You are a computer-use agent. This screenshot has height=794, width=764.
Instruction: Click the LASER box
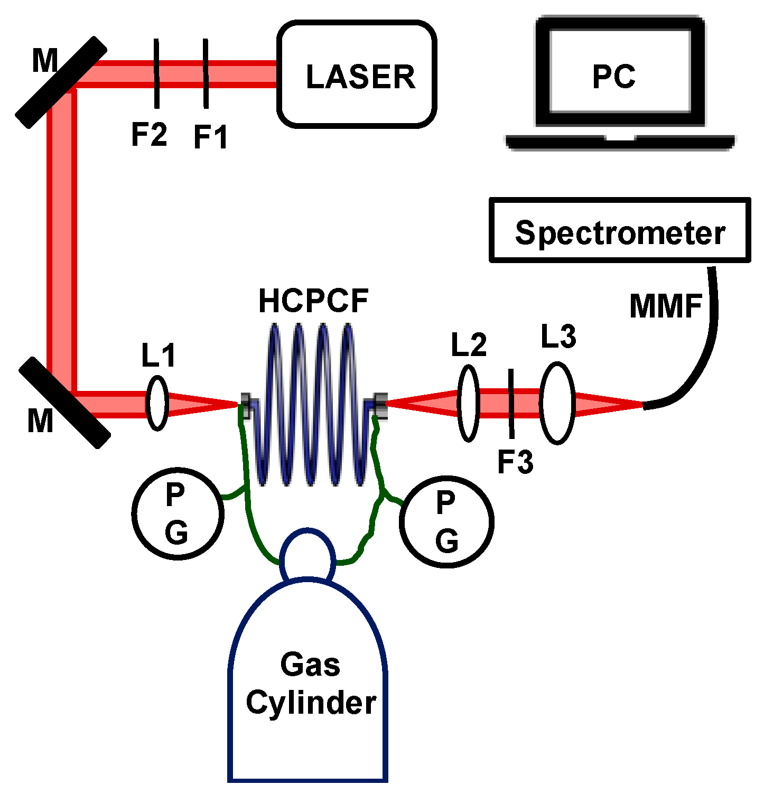pyautogui.click(x=357, y=74)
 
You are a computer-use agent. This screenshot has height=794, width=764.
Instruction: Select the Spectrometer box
pyautogui.click(x=620, y=230)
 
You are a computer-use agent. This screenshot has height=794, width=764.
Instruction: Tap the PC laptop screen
pyautogui.click(x=620, y=71)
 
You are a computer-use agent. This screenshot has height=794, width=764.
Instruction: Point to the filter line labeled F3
pyautogui.click(x=511, y=404)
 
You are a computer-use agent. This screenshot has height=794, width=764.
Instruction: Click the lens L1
pyautogui.click(x=157, y=403)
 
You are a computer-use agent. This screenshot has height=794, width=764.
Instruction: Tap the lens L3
pyautogui.click(x=557, y=403)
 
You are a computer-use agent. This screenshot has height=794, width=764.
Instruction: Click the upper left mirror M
pyautogui.click(x=61, y=82)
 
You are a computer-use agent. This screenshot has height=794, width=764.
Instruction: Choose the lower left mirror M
pyautogui.click(x=64, y=403)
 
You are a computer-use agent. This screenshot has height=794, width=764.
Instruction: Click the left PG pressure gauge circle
pyautogui.click(x=178, y=513)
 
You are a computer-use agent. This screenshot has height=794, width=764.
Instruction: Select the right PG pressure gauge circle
pyautogui.click(x=447, y=521)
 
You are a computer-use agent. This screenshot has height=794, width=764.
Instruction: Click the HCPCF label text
pyautogui.click(x=313, y=302)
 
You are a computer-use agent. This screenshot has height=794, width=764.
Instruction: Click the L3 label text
pyautogui.click(x=558, y=337)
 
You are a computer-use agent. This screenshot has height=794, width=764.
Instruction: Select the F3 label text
pyautogui.click(x=515, y=462)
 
